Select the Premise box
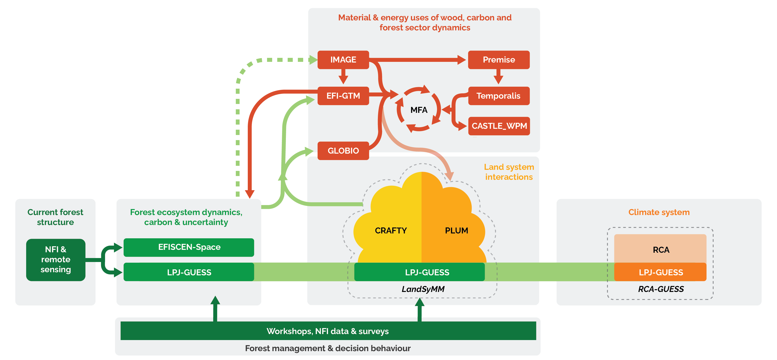point(499,60)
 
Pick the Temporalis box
point(499,96)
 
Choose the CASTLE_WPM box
point(499,126)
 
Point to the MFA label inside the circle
point(419,110)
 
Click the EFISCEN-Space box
point(189,247)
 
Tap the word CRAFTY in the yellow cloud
point(391,231)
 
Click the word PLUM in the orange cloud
point(456,231)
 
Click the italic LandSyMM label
point(423,289)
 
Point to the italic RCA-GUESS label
point(661,289)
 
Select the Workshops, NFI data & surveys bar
point(328,331)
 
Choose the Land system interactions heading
point(509,172)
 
